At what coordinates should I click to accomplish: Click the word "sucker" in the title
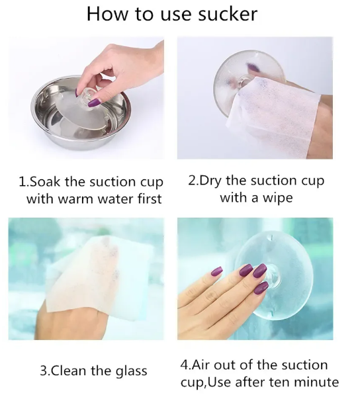(228, 14)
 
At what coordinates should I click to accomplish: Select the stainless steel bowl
(81, 113)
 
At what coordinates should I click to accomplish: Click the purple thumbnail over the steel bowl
(94, 103)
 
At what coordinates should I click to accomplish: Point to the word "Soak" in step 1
(45, 182)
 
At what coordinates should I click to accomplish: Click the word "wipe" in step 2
(278, 198)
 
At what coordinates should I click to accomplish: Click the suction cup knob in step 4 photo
(273, 277)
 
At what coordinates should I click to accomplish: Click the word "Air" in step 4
(201, 365)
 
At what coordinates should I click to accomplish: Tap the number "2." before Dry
(193, 181)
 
